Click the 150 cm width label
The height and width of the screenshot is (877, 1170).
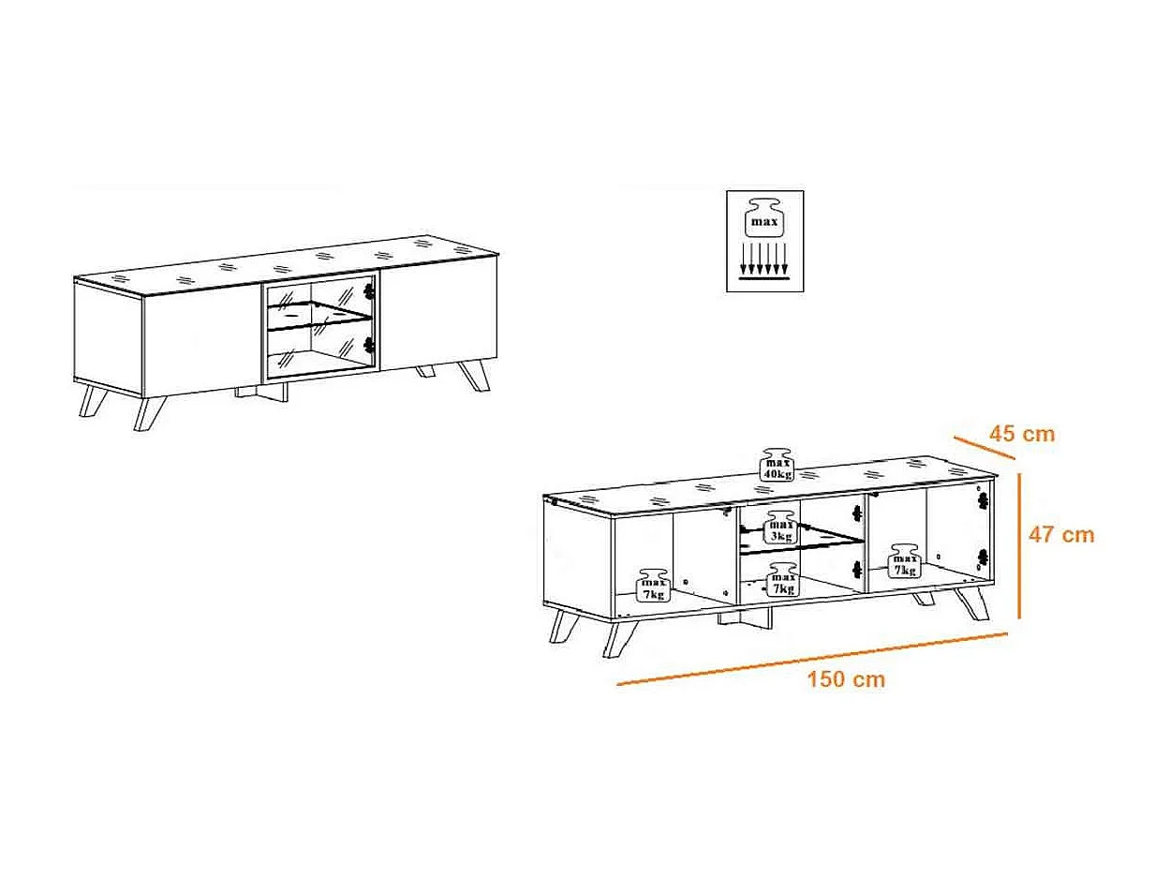846,680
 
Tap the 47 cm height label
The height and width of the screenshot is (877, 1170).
1060,535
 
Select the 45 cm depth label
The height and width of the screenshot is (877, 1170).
1022,434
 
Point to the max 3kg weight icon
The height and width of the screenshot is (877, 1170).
781,528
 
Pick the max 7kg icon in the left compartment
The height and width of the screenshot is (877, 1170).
653,585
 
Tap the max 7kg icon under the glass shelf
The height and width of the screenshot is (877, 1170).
781,581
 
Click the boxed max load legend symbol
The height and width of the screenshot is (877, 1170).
764,241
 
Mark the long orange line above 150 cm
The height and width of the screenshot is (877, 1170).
811,659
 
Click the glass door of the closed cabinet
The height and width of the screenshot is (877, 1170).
318,327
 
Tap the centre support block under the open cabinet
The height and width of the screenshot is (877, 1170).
747,618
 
